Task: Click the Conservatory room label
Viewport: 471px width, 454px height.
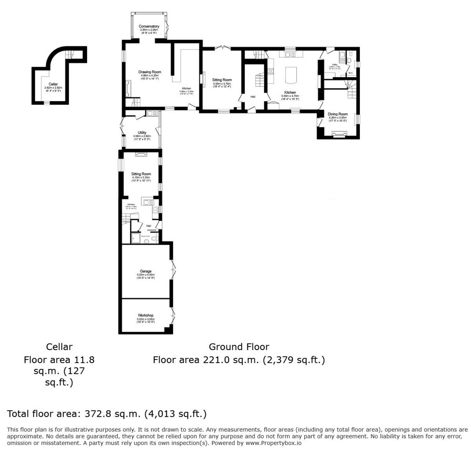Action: click(x=149, y=26)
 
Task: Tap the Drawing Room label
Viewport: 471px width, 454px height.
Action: click(x=150, y=72)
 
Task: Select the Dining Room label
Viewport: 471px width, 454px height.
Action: click(x=338, y=114)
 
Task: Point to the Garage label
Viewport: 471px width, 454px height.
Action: click(x=146, y=271)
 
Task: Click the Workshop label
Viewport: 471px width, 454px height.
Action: click(x=146, y=315)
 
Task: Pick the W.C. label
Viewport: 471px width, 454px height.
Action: click(x=351, y=73)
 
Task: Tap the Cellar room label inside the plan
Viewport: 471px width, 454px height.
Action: click(x=53, y=84)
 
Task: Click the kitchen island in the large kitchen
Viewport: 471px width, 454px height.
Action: click(x=290, y=75)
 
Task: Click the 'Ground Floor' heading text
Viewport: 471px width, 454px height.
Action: click(x=239, y=347)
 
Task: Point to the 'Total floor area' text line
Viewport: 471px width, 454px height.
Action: click(x=107, y=414)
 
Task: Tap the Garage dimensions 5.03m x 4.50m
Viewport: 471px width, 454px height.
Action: click(x=146, y=275)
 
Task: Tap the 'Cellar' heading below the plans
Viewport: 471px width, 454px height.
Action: click(x=59, y=347)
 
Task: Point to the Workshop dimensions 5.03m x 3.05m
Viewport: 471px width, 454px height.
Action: click(x=146, y=319)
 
